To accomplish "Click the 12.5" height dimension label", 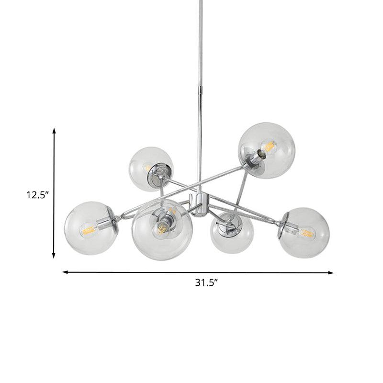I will (37, 195).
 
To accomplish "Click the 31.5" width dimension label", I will (206, 282).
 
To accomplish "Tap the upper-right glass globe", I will (267, 150).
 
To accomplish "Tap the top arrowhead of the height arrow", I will (54, 131).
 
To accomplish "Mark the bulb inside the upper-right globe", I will (270, 146).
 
